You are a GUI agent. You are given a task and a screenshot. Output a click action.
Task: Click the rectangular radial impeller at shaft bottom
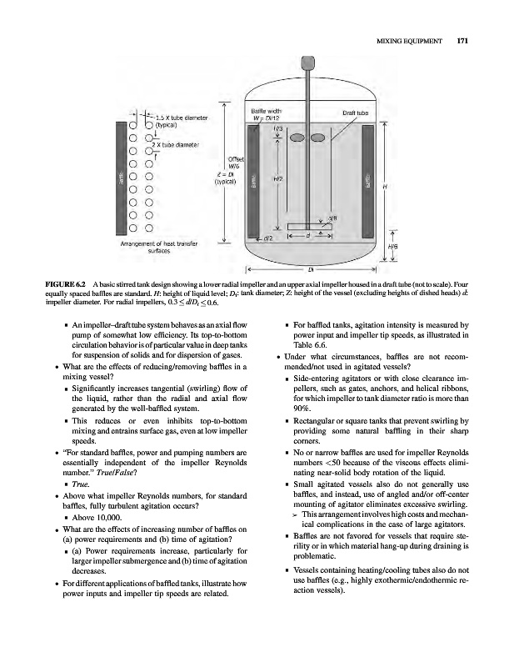[309, 226]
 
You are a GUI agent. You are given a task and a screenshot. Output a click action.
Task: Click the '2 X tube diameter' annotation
[177, 143]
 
